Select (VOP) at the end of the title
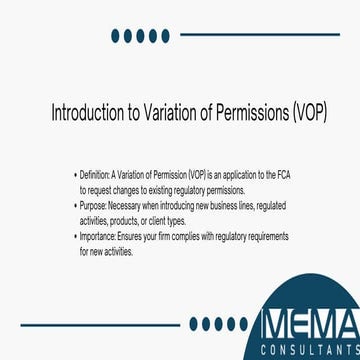click(x=305, y=110)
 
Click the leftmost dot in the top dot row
click(x=116, y=36)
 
